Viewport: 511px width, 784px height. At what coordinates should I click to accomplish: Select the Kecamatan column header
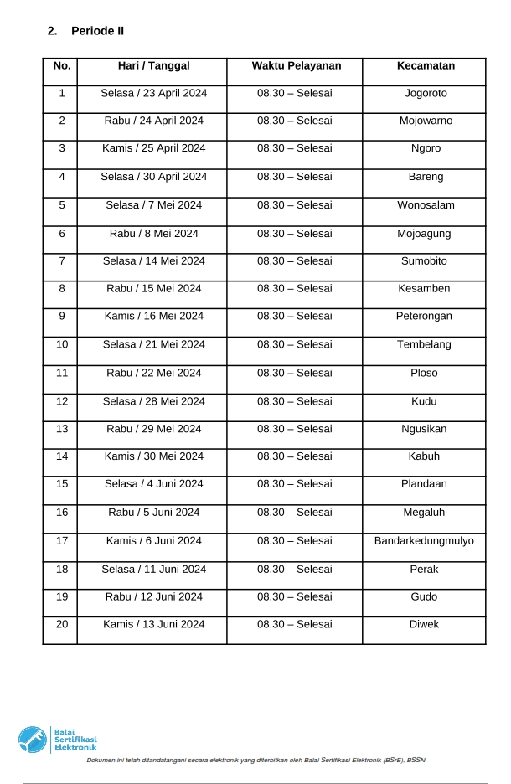pos(425,66)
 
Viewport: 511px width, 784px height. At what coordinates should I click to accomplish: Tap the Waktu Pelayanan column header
pos(294,66)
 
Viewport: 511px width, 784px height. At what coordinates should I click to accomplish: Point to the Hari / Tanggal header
pos(153,66)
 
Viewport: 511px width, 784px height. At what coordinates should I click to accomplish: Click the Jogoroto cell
pos(425,93)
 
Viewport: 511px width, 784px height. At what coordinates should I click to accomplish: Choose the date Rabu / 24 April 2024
pos(153,121)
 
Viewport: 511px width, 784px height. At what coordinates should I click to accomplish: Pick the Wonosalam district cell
pos(425,205)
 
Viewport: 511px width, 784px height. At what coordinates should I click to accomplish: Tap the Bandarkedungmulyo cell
pos(424,541)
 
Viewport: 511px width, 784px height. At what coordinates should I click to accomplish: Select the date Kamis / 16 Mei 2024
pos(153,317)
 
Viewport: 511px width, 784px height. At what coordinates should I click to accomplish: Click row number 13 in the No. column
pos(61,429)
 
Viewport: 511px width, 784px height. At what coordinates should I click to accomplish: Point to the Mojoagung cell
pos(425,234)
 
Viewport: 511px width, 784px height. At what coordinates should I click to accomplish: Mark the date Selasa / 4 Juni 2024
pos(153,484)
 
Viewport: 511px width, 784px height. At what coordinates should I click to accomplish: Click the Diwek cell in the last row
pos(425,625)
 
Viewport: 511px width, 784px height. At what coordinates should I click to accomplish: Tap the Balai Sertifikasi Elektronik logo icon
pos(34,740)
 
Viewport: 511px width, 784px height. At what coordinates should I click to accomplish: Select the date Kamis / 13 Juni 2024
pos(153,625)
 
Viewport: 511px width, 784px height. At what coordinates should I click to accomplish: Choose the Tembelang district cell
pos(425,345)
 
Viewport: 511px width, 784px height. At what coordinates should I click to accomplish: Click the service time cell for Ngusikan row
pos(294,429)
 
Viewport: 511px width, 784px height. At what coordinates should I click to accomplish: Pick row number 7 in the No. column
pos(61,261)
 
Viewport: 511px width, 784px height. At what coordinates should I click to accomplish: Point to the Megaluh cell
pos(425,513)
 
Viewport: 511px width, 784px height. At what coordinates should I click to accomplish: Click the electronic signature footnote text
pos(256,761)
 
